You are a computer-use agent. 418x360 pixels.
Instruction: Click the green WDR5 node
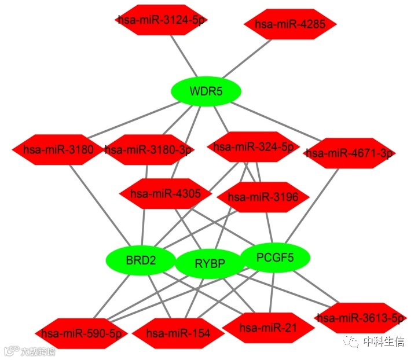click(206, 91)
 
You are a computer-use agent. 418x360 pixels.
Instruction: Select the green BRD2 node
click(141, 260)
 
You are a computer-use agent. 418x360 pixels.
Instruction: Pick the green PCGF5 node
click(275, 257)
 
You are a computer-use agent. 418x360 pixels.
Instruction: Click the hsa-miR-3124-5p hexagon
click(161, 20)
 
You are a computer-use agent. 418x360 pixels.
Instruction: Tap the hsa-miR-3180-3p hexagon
click(149, 150)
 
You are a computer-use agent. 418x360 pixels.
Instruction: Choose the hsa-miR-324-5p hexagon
click(253, 146)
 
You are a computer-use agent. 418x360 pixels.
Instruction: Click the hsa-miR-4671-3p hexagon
click(349, 153)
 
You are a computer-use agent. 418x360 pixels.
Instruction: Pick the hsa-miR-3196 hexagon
click(263, 197)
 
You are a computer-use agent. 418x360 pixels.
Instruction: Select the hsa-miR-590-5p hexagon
click(81, 333)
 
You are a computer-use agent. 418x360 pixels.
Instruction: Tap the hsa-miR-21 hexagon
click(268, 328)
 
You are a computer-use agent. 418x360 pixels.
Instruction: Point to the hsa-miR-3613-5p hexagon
click(360, 318)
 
